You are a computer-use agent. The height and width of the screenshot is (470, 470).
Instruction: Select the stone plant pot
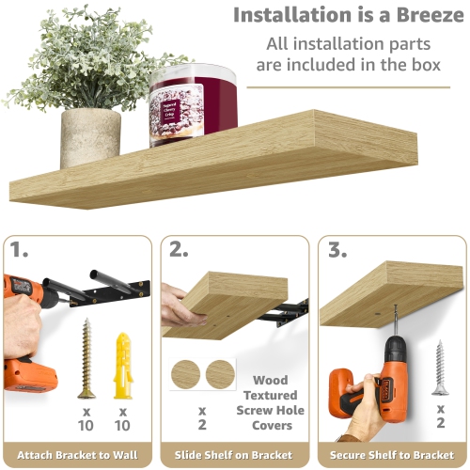[90, 136]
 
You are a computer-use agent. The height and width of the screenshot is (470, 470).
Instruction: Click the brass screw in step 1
[86, 358]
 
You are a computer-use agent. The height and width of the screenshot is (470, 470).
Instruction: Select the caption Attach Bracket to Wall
[78, 455]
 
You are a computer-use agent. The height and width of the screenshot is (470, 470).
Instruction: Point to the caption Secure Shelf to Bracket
[390, 455]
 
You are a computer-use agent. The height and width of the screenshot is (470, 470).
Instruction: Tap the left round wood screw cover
[187, 373]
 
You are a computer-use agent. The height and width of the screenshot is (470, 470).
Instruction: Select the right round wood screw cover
[221, 373]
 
